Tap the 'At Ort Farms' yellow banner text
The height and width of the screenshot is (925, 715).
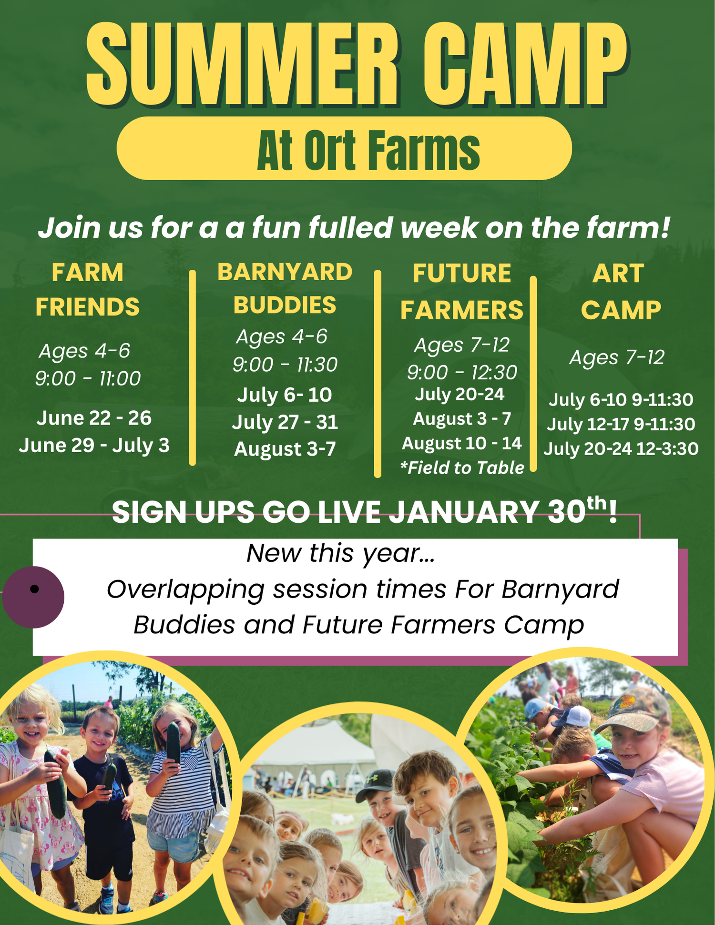tap(368, 150)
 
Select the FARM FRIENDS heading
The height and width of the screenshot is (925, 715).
tap(88, 289)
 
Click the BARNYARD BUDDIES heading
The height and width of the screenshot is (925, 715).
tap(285, 288)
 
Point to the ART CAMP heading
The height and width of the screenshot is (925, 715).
tap(621, 292)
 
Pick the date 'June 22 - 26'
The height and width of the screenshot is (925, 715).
tap(94, 418)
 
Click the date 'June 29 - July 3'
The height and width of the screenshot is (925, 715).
tap(94, 446)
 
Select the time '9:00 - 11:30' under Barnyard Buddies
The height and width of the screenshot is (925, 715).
tap(285, 365)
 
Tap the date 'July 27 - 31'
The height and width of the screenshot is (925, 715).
tap(285, 422)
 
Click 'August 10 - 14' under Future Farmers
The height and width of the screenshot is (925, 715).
tap(461, 443)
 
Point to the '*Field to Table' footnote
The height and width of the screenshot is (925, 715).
tap(462, 468)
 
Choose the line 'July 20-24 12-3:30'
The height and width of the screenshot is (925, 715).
tap(621, 448)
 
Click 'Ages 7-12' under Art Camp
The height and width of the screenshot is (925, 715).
tap(617, 357)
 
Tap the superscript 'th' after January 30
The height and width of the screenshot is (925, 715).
tap(596, 502)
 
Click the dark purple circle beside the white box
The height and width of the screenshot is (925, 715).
tap(33, 597)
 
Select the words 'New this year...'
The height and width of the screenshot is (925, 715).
tap(340, 554)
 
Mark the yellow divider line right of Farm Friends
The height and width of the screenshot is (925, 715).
tap(192, 368)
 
